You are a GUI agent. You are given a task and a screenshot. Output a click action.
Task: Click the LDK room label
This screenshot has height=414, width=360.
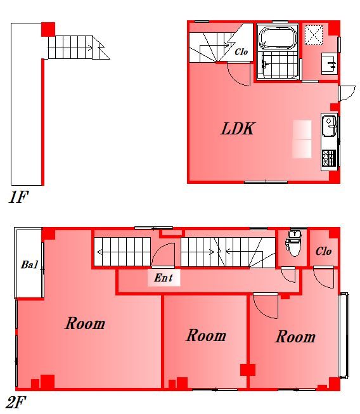coord(237,129)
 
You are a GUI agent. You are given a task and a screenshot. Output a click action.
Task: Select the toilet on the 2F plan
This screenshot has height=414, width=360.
coord(293,243)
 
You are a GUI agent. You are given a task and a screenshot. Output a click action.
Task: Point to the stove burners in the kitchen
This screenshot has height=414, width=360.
coord(329,158)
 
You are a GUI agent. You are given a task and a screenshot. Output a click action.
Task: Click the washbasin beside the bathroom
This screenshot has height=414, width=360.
coord(329,63)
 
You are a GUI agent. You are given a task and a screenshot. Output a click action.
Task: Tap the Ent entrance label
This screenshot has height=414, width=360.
coord(164,278)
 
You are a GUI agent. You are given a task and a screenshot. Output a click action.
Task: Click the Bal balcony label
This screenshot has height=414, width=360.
coord(30,264)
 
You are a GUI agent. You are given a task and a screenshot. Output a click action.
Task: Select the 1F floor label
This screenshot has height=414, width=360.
coord(18,197)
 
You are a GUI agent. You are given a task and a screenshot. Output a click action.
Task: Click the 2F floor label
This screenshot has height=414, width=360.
coord(16,403)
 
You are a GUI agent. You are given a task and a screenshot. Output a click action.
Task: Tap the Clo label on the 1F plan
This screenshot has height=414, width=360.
coord(241,51)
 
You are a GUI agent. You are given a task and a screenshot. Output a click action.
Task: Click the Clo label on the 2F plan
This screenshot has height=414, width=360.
coord(323,251)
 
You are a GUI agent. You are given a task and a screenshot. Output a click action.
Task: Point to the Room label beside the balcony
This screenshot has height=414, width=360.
coord(85,323)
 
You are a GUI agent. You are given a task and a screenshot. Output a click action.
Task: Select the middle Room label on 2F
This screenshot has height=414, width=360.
coord(206,335)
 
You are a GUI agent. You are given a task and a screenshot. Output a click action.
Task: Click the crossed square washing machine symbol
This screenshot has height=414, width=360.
coord(314,35)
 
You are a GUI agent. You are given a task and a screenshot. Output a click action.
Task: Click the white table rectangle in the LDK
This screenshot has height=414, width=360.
coord(302,139)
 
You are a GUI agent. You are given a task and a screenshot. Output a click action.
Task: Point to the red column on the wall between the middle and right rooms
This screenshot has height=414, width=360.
coord(248,370)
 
